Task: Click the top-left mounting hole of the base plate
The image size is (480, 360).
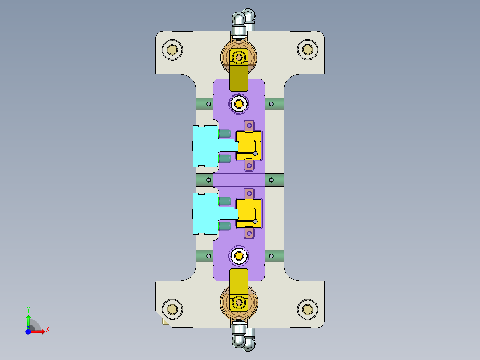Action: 172,49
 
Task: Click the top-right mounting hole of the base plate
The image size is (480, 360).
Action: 307,49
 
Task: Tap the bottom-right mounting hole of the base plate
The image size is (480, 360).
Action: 307,309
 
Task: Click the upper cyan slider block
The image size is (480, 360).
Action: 205,146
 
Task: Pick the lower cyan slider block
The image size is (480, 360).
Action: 205,213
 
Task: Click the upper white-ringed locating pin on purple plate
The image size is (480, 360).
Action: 239,104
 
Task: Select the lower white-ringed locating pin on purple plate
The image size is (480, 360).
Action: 239,256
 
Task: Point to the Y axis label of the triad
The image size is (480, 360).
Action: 28,310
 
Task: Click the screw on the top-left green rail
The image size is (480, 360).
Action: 208,104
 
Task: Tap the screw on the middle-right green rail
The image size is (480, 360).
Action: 270,180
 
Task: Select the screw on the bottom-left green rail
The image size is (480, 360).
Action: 208,256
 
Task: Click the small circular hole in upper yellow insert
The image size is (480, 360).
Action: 255,154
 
